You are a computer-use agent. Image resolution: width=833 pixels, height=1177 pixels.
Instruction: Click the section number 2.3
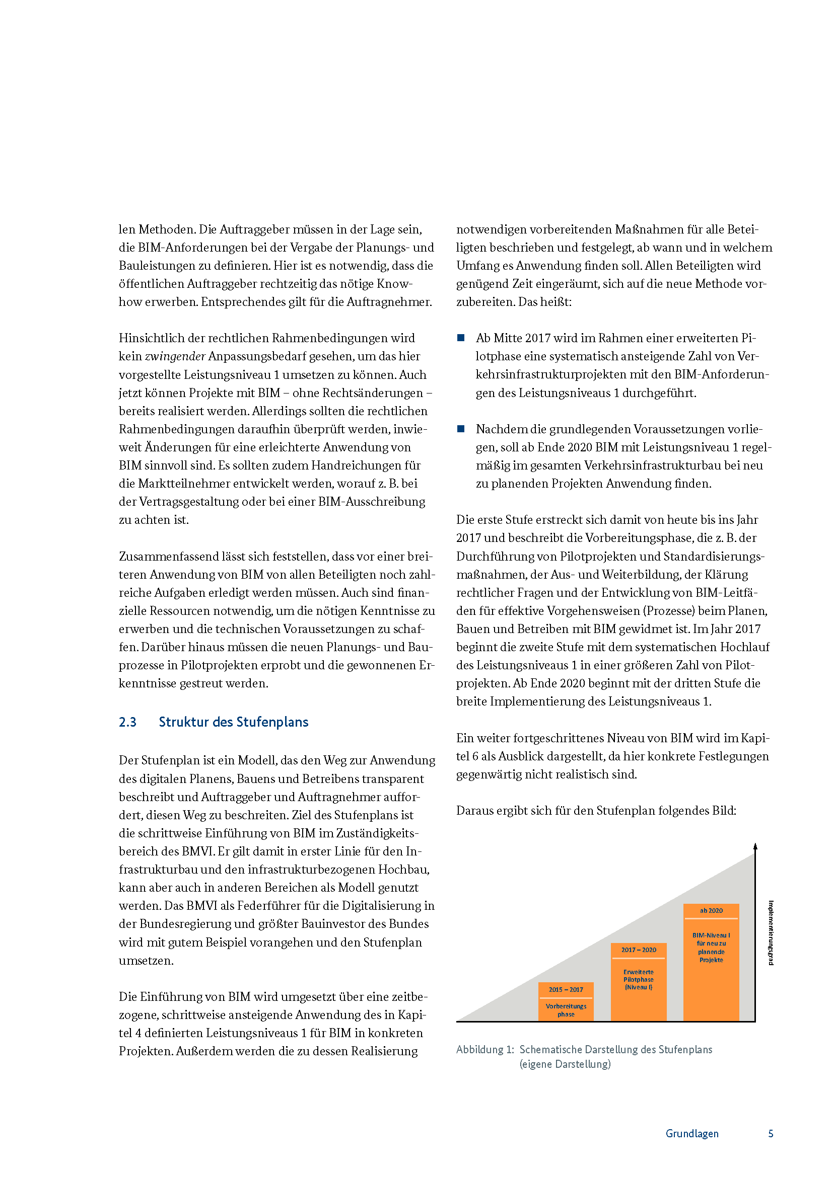tap(128, 722)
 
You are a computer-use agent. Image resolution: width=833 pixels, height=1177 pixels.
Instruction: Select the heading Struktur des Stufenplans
tap(233, 722)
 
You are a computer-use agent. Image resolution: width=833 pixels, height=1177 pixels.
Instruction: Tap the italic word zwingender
tap(175, 356)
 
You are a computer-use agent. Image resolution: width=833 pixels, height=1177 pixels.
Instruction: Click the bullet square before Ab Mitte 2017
tap(461, 338)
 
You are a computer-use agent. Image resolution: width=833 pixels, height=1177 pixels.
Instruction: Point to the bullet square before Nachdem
tap(461, 429)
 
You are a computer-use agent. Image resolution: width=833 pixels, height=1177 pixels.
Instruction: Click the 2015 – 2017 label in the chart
tap(566, 990)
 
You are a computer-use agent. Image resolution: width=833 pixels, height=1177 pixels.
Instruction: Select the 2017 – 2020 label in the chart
tap(639, 950)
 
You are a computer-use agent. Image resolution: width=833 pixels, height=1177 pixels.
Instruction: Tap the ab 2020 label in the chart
tap(711, 910)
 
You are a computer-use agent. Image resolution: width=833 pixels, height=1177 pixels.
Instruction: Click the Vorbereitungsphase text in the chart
tap(566, 1010)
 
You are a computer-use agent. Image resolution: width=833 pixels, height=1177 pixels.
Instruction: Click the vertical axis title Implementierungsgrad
tap(771, 933)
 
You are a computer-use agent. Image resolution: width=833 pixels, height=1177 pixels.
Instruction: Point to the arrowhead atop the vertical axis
tap(755, 846)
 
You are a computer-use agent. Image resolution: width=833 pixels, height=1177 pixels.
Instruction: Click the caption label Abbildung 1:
tap(484, 1049)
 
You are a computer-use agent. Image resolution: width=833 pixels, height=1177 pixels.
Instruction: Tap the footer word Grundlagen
tap(692, 1133)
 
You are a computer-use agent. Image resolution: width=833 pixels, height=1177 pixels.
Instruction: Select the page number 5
tap(771, 1133)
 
